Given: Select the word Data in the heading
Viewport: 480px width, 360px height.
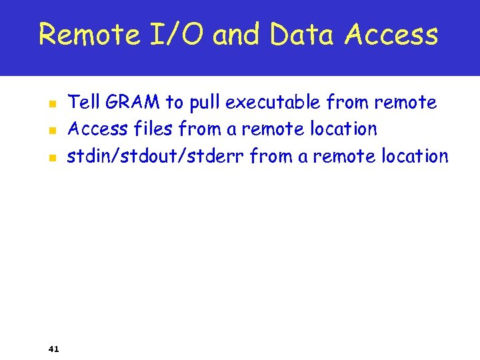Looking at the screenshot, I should coord(303,34).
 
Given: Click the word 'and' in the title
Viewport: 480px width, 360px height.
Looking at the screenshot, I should coord(239,34).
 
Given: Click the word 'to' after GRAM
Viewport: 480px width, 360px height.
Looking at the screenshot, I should coord(174,103).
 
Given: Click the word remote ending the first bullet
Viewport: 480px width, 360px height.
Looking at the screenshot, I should coord(405,103).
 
